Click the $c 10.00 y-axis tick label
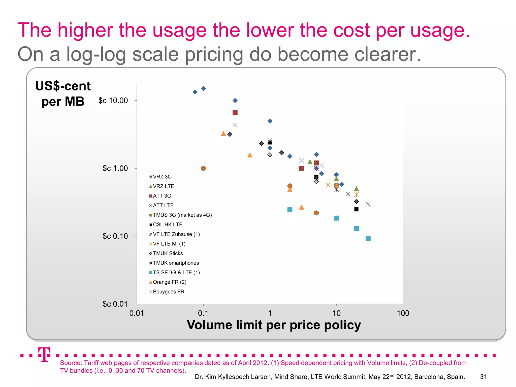(x=113, y=101)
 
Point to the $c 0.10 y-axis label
(x=115, y=236)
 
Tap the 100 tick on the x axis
(x=403, y=313)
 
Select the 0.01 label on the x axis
(x=137, y=313)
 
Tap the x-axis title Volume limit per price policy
(x=274, y=325)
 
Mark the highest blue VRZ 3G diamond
(x=203, y=88)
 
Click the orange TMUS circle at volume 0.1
(x=203, y=168)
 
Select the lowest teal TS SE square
(x=368, y=239)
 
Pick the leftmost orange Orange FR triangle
(x=223, y=134)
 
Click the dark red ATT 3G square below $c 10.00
(x=235, y=112)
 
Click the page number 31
(x=483, y=377)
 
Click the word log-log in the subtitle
(x=96, y=54)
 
